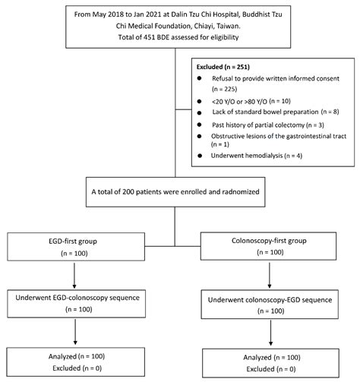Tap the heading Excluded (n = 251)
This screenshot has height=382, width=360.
(x=226, y=67)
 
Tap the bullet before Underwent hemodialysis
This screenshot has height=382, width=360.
(x=199, y=156)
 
